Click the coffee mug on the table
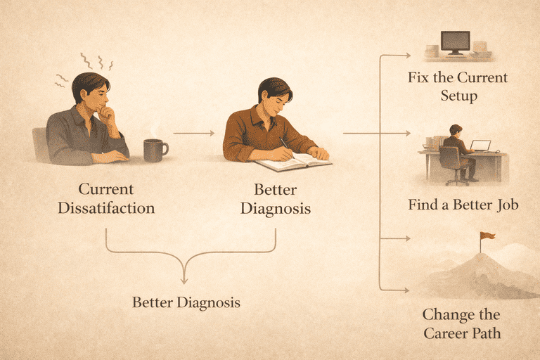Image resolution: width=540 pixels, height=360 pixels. coord(155,150)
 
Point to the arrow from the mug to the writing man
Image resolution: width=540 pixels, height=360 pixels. coord(193,132)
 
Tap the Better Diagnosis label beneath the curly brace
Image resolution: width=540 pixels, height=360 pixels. coord(186,303)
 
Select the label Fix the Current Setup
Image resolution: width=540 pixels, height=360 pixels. coord(458,86)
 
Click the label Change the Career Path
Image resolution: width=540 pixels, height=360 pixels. coord(462,323)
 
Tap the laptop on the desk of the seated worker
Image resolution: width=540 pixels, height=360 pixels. coord(480,146)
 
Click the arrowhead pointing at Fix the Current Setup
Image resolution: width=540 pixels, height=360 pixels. coord(408,53)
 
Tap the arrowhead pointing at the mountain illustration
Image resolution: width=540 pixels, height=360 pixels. coord(408,288)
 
